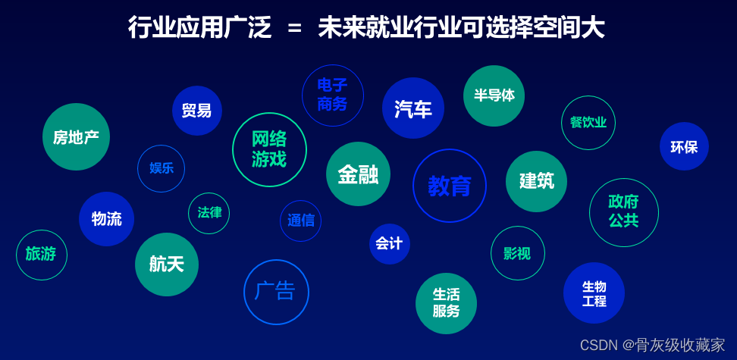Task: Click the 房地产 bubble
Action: (x=76, y=136)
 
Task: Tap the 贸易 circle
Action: (x=197, y=111)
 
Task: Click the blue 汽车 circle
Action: (x=413, y=108)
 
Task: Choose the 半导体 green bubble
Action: (x=494, y=96)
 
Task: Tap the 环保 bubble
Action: (x=685, y=146)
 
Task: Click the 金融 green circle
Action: (x=358, y=174)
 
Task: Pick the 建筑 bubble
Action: (x=536, y=181)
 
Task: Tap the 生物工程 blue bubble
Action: (x=594, y=293)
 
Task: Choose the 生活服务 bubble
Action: (x=446, y=304)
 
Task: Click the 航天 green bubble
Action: (x=167, y=265)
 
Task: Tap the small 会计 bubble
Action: (x=389, y=244)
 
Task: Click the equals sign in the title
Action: (x=295, y=29)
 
